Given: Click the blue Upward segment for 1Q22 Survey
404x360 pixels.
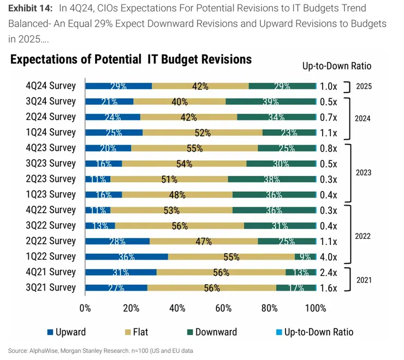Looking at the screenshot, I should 127,256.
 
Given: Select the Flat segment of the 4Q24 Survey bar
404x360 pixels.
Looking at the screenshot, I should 200,86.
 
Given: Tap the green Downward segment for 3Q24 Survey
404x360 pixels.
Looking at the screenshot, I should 271,101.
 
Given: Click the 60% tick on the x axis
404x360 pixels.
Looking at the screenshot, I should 223,308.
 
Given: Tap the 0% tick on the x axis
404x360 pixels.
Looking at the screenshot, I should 85,308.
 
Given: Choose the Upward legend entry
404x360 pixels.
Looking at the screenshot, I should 67,332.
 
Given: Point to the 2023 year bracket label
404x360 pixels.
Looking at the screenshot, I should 364,172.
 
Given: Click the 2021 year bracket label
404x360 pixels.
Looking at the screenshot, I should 364,280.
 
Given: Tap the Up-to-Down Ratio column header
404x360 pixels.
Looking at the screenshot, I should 336,66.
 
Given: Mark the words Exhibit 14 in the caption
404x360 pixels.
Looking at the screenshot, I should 30,8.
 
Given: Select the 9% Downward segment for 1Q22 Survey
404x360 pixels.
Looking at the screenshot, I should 305,256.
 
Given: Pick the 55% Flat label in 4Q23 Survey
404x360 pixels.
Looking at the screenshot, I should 194,148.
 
